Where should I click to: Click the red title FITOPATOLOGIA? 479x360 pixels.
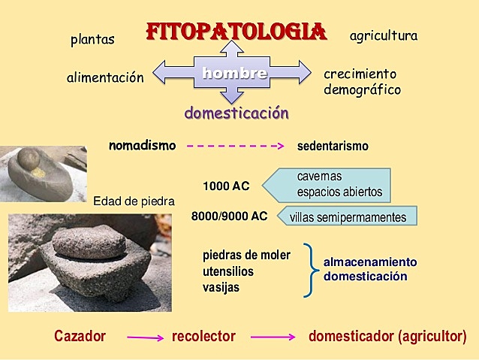click(x=236, y=32)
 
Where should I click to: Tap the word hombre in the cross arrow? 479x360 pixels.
click(x=233, y=73)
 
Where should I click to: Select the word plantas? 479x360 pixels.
click(x=92, y=40)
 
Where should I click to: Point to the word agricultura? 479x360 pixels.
click(x=383, y=35)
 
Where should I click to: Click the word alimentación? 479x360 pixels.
click(x=104, y=77)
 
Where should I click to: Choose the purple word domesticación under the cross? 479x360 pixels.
click(x=236, y=113)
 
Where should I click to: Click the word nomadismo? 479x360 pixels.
click(x=142, y=145)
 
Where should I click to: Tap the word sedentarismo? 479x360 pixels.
click(x=333, y=146)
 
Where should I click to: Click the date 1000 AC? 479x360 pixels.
click(x=226, y=186)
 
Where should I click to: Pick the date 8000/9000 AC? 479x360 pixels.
click(x=229, y=216)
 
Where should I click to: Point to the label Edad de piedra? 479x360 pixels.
click(x=134, y=201)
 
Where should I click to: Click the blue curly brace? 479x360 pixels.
click(x=310, y=270)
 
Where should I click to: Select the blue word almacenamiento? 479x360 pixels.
click(x=370, y=262)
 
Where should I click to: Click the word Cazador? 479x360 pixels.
click(x=80, y=336)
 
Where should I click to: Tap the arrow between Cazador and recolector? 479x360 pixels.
click(x=145, y=337)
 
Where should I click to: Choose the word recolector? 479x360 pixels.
click(x=203, y=336)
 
